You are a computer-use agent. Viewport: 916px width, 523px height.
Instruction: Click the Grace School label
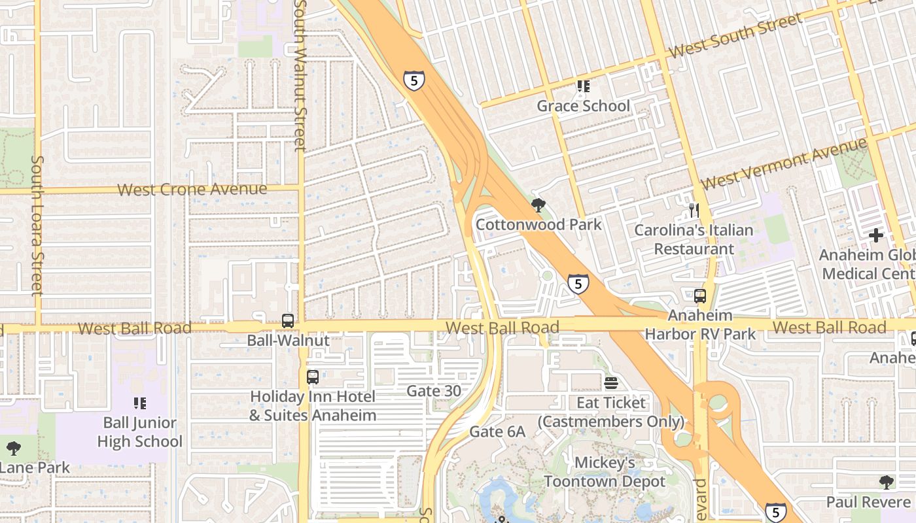point(583,106)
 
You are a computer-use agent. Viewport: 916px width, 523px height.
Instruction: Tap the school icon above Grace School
point(583,86)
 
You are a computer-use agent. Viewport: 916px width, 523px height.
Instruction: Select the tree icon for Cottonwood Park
point(538,206)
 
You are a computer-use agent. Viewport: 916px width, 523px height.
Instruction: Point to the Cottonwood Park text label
point(538,225)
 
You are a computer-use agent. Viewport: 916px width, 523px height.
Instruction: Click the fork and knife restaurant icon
point(694,211)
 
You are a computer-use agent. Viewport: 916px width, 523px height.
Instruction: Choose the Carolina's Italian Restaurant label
point(694,239)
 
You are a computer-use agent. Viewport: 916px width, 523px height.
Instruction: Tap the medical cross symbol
point(876,235)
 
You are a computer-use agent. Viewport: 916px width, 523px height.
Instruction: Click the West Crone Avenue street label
point(192,190)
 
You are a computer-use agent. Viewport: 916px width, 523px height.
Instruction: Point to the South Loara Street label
point(37,225)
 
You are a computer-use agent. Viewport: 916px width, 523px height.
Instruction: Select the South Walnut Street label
point(300,75)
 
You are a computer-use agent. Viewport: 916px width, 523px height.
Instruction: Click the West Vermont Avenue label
point(784,163)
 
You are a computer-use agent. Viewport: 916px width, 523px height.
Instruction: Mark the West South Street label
point(735,36)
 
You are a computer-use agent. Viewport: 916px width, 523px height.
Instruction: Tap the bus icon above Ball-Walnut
point(288,321)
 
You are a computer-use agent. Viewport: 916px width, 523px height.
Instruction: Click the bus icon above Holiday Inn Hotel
point(313,377)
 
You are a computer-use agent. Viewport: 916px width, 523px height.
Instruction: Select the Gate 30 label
point(434,391)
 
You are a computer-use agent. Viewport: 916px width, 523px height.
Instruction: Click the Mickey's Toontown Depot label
point(605,472)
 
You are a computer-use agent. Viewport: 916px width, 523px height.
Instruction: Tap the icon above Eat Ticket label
point(611,382)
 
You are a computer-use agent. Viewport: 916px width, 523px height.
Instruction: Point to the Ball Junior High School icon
point(139,403)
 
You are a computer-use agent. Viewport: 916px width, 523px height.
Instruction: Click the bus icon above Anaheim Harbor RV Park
point(700,295)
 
